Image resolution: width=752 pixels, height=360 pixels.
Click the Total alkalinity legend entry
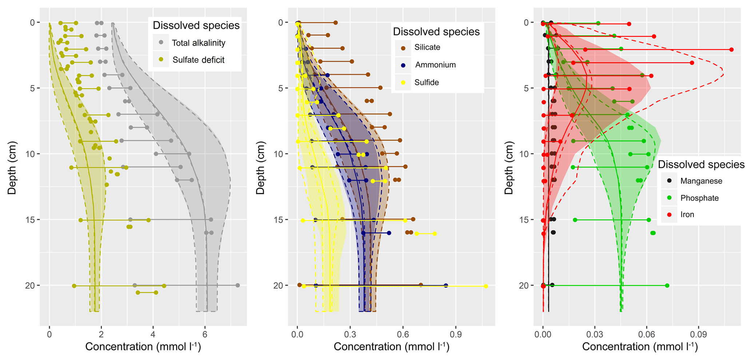click(198, 43)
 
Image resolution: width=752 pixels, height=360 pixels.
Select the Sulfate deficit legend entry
click(198, 60)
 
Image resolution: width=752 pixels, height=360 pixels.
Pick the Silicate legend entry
click(427, 47)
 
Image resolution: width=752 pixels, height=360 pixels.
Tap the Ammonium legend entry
click(435, 65)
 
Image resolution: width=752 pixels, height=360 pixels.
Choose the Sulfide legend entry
click(426, 83)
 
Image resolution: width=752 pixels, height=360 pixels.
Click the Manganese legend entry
click(701, 181)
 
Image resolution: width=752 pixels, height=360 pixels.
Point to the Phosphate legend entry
click(699, 198)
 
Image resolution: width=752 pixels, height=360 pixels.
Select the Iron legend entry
click(687, 214)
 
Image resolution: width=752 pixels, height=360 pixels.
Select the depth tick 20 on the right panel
click(524, 286)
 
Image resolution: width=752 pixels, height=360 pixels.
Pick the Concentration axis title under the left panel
click(143, 347)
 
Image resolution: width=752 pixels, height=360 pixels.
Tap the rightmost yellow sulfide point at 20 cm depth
click(486, 286)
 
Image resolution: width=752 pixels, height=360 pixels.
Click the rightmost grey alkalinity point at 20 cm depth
click(238, 285)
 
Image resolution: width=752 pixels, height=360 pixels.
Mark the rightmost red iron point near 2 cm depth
click(732, 50)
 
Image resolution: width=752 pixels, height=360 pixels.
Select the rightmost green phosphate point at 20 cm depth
click(667, 286)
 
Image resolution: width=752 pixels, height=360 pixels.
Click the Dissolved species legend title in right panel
click(701, 165)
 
